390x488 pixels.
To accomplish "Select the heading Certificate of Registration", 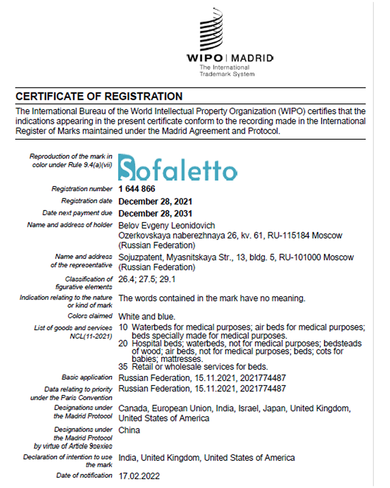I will click(99, 96).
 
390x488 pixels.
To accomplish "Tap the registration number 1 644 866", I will click(137, 189).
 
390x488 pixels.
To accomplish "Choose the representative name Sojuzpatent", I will click(139, 257).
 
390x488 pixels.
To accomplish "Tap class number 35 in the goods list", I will click(123, 366).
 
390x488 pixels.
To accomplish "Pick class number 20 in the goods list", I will click(123, 344).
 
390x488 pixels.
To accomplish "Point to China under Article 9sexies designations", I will click(129, 430).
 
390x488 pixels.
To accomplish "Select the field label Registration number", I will click(82, 189).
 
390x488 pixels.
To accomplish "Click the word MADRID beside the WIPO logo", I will click(252, 57).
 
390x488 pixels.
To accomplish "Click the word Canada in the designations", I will click(132, 408).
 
